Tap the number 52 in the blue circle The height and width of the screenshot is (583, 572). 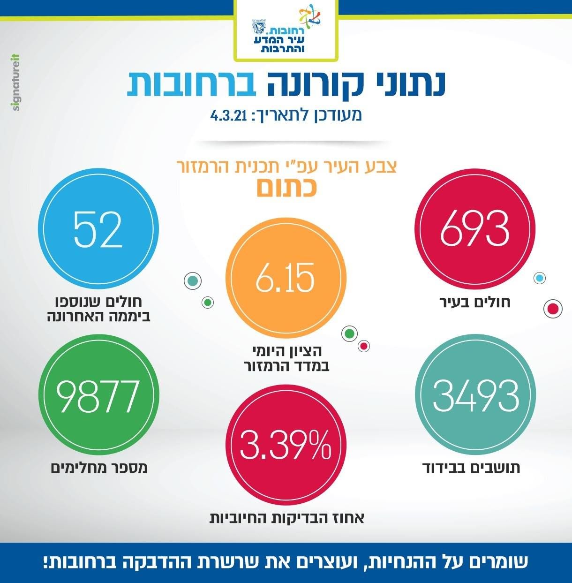[98, 229]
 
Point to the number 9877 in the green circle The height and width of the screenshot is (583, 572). [98, 396]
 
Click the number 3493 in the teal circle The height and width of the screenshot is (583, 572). [475, 396]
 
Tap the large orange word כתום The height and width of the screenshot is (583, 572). [286, 188]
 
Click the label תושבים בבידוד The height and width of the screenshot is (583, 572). [471, 468]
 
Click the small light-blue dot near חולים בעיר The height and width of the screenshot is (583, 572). [540, 278]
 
